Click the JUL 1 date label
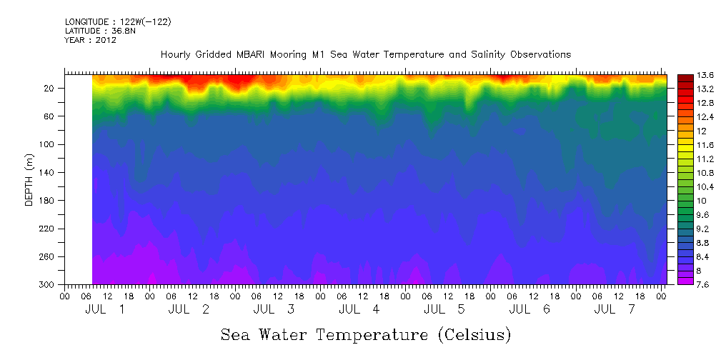tap(105, 309)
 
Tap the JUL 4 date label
tap(359, 309)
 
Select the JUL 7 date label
tap(615, 309)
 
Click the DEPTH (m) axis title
tap(29, 179)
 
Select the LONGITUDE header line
tap(117, 22)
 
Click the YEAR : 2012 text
tap(90, 40)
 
